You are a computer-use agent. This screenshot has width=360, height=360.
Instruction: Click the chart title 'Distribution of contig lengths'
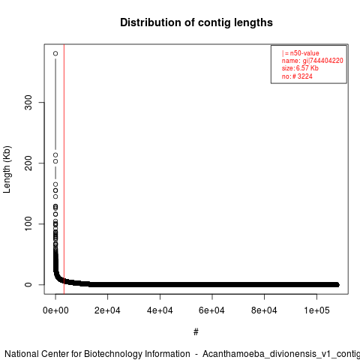pos(196,22)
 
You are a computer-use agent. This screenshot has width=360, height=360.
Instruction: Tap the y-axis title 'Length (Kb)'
pos(7,169)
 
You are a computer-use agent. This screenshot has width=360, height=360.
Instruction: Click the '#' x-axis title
pos(196,332)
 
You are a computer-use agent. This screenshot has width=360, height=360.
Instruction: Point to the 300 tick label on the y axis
pos(28,102)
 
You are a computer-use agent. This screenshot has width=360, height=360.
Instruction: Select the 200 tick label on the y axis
pos(28,163)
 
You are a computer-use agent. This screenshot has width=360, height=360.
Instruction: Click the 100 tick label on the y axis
pos(28,223)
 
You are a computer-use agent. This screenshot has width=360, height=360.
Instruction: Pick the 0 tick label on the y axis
pos(28,284)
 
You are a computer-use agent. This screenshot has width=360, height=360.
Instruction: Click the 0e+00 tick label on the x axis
pos(55,310)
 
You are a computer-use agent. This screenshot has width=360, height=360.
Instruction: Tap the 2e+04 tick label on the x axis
pos(107,310)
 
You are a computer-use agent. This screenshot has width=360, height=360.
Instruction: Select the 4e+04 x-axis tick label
pos(160,310)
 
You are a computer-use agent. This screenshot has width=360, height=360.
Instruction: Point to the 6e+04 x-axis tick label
pos(212,310)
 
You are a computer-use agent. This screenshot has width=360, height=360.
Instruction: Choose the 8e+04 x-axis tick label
pos(264,310)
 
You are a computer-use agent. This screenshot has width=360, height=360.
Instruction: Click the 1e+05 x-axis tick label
pos(316,310)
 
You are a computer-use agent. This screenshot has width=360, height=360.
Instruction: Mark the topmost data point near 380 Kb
pos(55,53)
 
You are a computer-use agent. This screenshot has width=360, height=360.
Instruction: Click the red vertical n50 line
pos(64,169)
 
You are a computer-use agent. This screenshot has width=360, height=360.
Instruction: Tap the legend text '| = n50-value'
pos(301,53)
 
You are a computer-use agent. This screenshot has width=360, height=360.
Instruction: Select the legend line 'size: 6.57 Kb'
pos(300,68)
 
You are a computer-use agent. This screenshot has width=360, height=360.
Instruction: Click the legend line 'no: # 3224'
pos(297,76)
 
